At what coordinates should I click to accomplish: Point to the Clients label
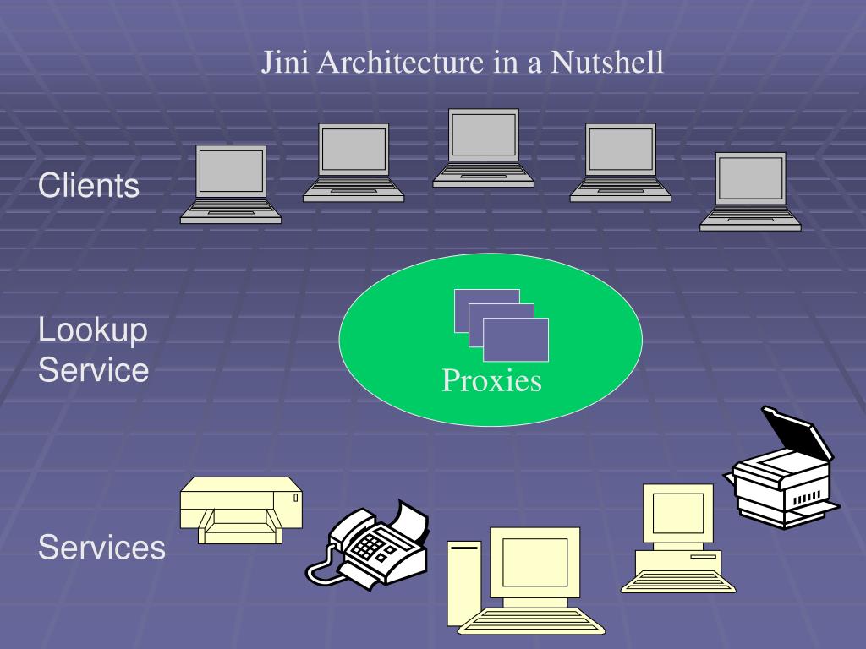89,186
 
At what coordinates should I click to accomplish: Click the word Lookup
93,330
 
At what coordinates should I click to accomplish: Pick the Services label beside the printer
101,548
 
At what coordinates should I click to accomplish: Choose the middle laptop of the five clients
483,147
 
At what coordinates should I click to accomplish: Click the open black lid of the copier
795,434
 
